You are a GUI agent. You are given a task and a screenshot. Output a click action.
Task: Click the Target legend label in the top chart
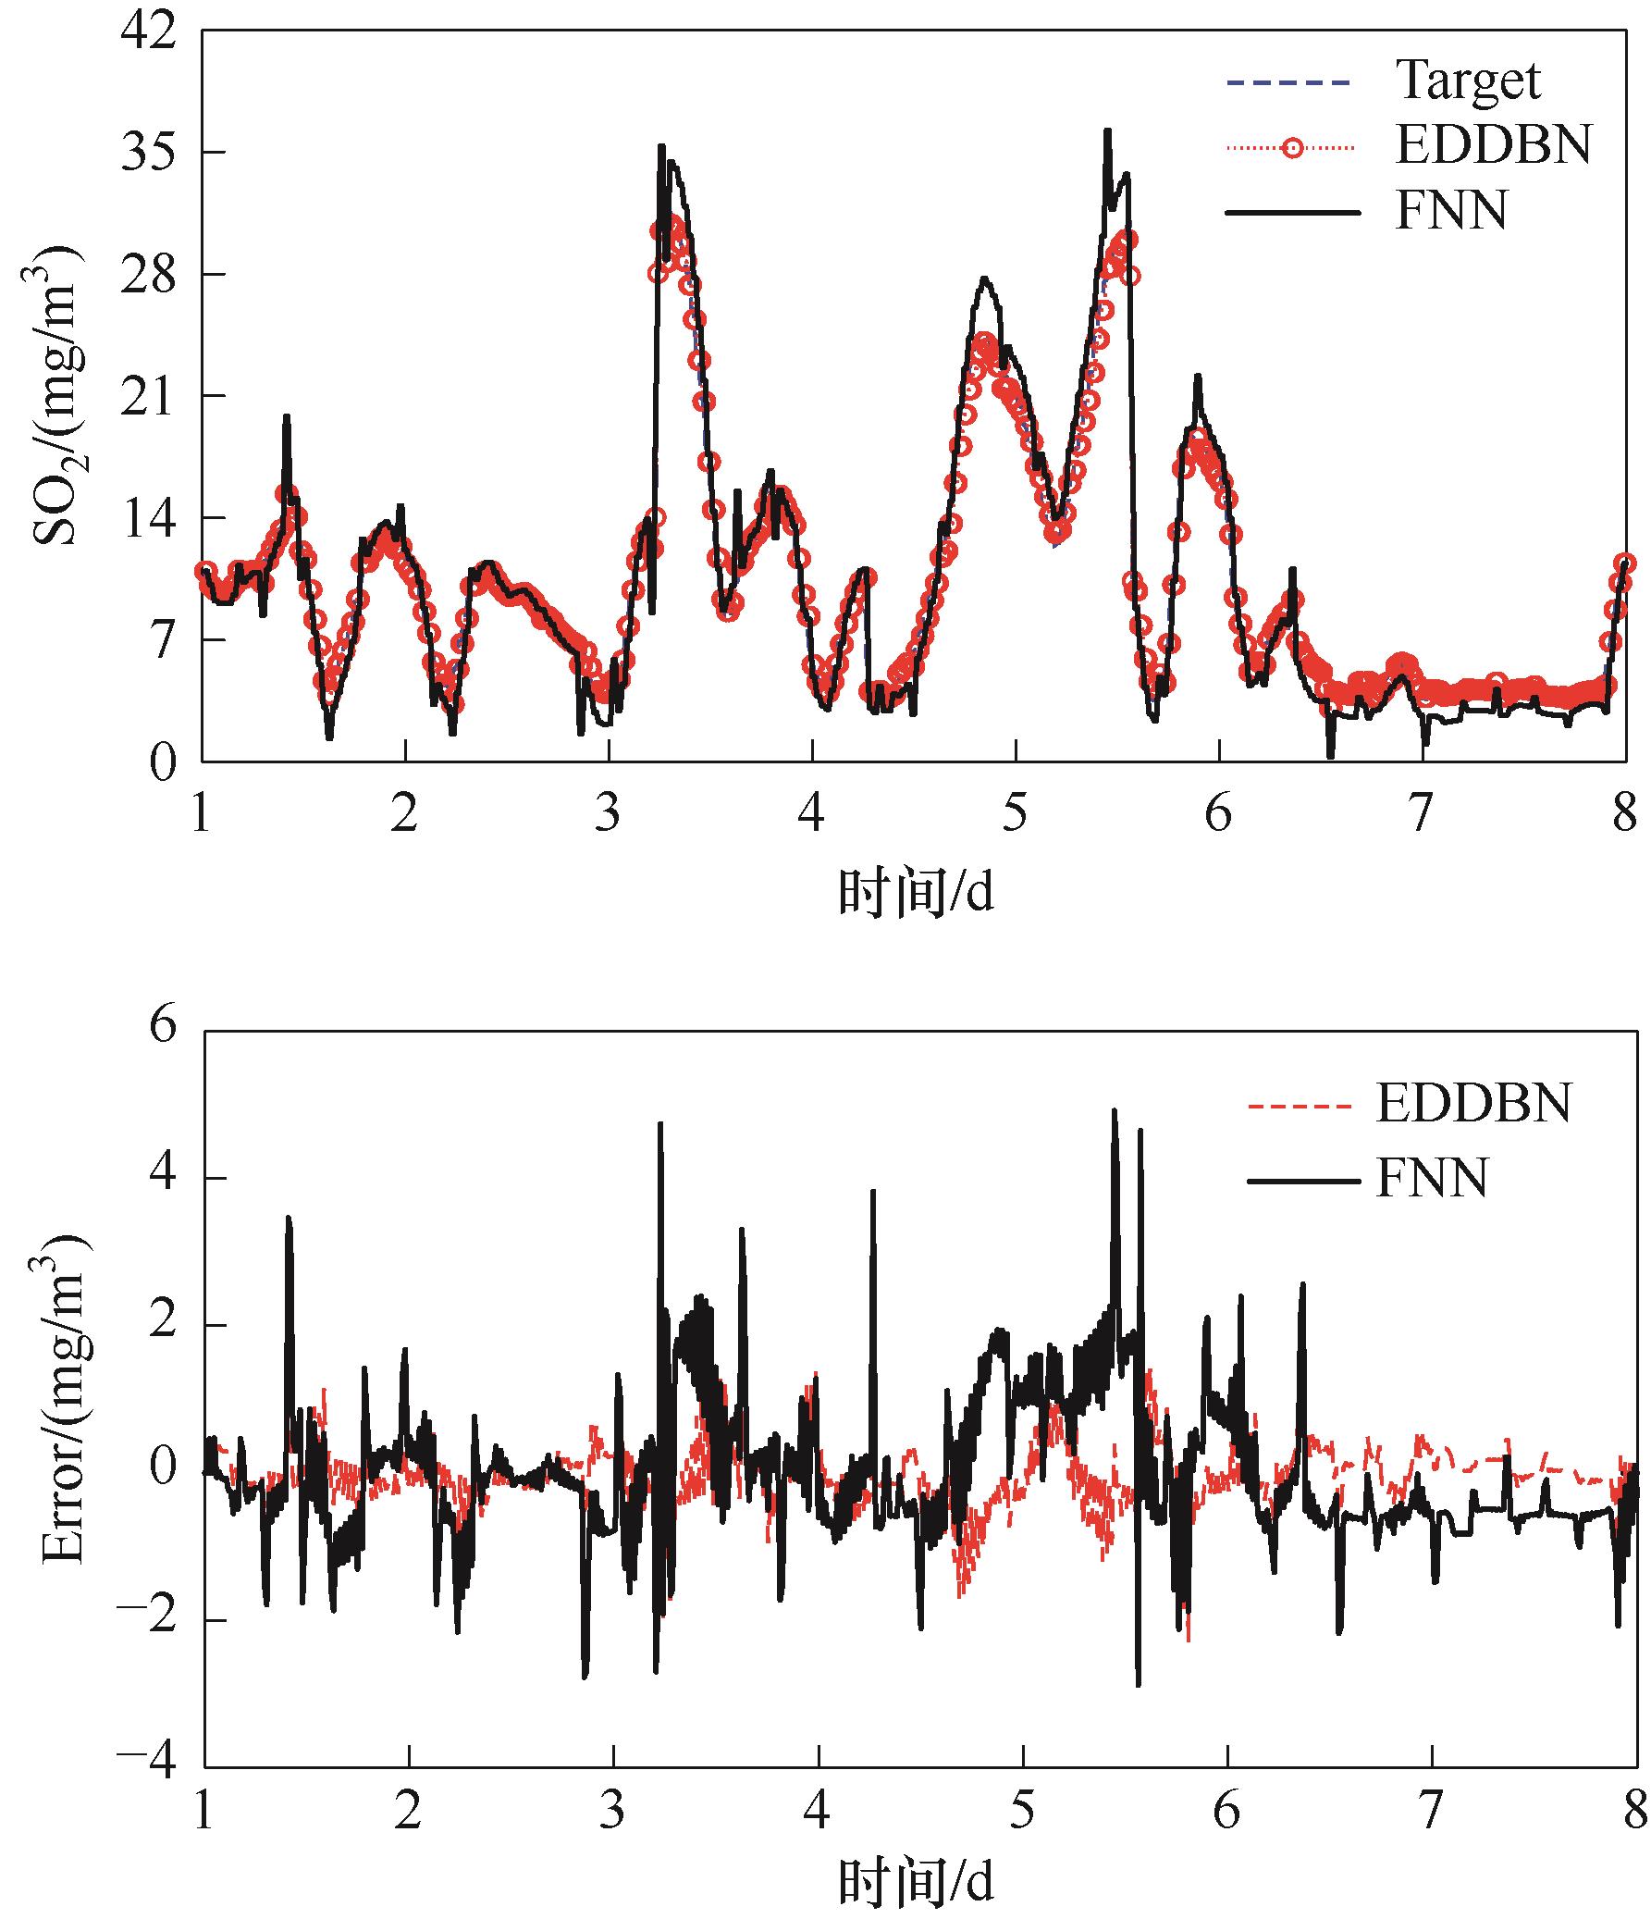tap(1468, 80)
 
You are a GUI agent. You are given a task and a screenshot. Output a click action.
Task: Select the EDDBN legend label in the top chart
tap(1493, 145)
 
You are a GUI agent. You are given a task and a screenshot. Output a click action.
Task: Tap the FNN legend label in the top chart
tap(1450, 211)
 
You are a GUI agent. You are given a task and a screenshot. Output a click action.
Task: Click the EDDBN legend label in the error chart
tap(1473, 1103)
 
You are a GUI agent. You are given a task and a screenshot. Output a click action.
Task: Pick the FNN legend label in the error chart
tap(1432, 1178)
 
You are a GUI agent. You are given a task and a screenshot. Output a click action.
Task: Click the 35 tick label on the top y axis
tap(147, 153)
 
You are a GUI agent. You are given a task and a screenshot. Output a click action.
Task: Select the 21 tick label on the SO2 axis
tap(147, 396)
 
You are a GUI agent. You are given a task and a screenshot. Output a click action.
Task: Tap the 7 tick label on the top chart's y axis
tap(161, 640)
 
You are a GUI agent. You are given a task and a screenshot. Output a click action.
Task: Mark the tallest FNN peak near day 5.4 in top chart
tap(1106, 131)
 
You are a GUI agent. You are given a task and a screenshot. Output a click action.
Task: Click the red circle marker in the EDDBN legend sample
tap(1293, 147)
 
